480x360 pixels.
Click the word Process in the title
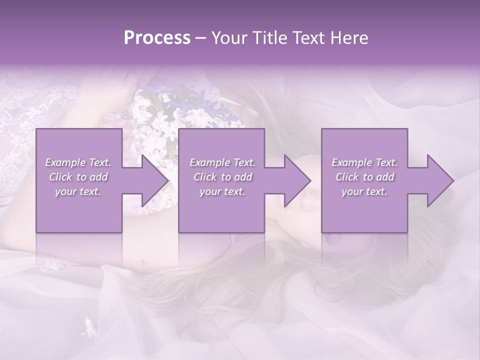click(x=157, y=38)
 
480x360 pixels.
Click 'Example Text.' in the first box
click(x=78, y=162)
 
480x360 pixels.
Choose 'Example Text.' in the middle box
click(x=222, y=162)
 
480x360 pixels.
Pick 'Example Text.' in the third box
click(x=364, y=162)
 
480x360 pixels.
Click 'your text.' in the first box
click(x=78, y=191)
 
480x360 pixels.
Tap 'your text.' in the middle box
click(x=222, y=191)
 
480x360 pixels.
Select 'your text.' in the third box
click(x=364, y=191)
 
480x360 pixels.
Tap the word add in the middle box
click(x=242, y=177)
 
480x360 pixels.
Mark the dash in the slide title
click(x=201, y=38)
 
